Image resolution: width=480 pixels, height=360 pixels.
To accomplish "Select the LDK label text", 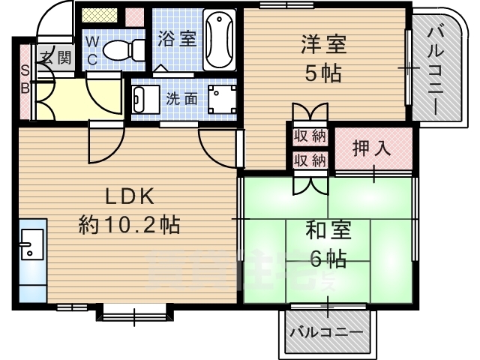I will [129, 196].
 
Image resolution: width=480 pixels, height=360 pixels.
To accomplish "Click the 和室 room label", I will [326, 230].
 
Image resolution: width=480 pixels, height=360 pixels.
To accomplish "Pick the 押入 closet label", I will [372, 147].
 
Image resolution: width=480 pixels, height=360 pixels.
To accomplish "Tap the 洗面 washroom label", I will [182, 97].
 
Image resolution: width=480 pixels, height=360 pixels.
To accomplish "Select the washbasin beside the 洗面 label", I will [140, 97].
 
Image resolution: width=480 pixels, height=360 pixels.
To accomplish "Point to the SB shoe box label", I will [25, 79].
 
